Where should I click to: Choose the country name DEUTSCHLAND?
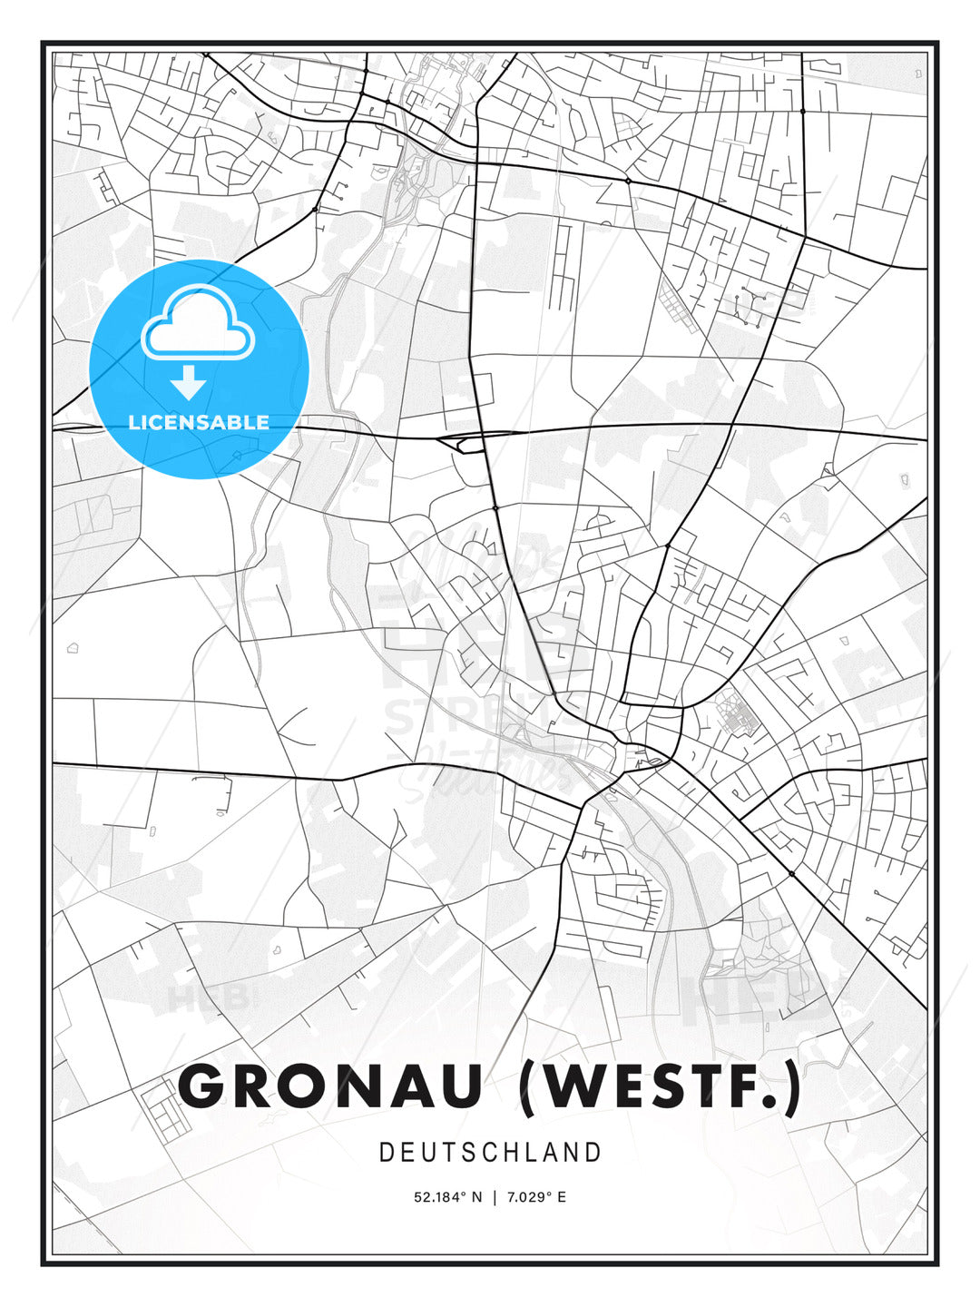click(x=490, y=1153)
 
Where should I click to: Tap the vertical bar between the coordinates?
click(x=495, y=1197)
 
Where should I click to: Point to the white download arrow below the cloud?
click(x=189, y=383)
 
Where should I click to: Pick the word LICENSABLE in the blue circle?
click(x=199, y=422)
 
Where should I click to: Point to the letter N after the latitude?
click(x=477, y=1197)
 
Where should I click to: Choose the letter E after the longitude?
click(x=562, y=1197)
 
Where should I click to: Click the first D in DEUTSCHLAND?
click(x=386, y=1153)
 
